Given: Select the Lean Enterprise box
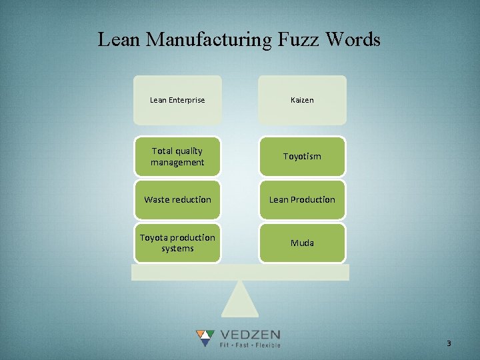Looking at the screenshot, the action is click(x=177, y=100).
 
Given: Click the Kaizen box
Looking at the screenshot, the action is click(x=302, y=100).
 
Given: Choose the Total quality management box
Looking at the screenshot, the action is click(x=177, y=157).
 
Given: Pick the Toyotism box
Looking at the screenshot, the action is click(x=302, y=157).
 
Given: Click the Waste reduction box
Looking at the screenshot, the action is click(x=177, y=199).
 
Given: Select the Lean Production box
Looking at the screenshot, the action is click(x=302, y=199).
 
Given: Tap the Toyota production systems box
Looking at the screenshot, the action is click(x=177, y=243).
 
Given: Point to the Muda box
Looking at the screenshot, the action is click(x=302, y=243).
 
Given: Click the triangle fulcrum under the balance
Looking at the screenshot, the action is click(x=240, y=299).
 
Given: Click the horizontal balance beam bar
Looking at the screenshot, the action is click(x=240, y=272).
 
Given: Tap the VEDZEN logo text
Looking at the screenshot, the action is click(x=251, y=335).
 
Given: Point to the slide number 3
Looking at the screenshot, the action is click(x=449, y=343).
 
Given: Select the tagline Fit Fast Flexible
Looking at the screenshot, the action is click(x=251, y=345).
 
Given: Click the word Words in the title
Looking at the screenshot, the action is click(x=354, y=40).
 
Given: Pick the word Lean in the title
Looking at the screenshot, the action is click(x=119, y=40).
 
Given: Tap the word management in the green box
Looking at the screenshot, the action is click(x=177, y=163).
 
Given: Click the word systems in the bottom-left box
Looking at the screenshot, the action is click(x=177, y=249).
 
